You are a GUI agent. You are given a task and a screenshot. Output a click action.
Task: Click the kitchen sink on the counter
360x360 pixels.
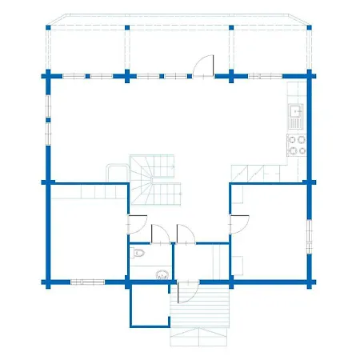click(x=296, y=117)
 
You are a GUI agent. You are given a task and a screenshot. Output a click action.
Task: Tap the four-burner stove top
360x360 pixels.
click(x=296, y=145)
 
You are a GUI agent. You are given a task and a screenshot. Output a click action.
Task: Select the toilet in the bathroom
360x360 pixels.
click(x=140, y=254)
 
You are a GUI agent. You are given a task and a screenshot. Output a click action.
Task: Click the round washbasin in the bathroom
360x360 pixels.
click(x=163, y=273)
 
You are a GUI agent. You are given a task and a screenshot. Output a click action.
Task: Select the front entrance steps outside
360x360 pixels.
click(x=199, y=308)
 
